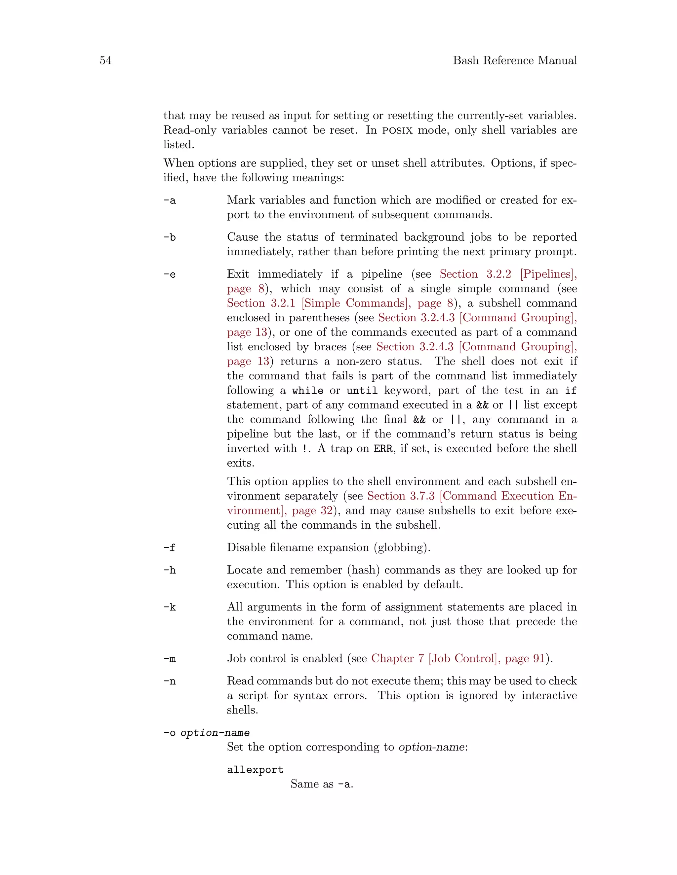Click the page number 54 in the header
(105, 60)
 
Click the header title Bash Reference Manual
(515, 60)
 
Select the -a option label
(169, 200)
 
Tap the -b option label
(169, 237)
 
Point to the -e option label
(169, 274)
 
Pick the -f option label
(169, 548)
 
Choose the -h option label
(169, 570)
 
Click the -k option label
(169, 607)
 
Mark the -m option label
(169, 659)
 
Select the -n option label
(169, 681)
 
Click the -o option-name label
(206, 733)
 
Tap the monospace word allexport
(255, 770)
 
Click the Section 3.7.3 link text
(401, 496)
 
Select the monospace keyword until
(362, 391)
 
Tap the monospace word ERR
(383, 449)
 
